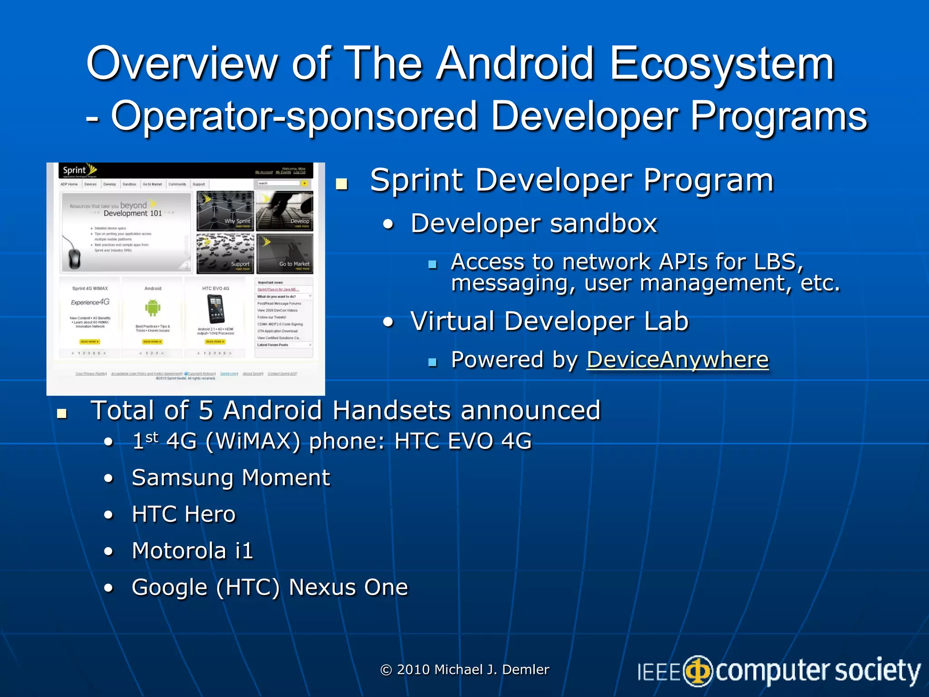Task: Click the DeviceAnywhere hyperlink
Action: (677, 360)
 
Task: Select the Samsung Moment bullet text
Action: (230, 478)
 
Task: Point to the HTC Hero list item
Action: (184, 514)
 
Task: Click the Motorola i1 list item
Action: (192, 550)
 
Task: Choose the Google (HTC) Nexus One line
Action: (269, 587)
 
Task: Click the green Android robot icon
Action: (153, 308)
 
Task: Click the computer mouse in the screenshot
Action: (74, 257)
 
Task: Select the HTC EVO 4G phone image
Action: (215, 309)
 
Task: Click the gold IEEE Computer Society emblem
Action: (698, 671)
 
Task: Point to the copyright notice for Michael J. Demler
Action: (464, 669)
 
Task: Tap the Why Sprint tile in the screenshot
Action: (225, 211)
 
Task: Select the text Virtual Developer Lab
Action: (549, 321)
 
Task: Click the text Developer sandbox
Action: (533, 223)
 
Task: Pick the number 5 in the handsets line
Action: (205, 410)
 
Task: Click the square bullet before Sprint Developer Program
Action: (342, 184)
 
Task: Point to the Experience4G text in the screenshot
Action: (90, 302)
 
